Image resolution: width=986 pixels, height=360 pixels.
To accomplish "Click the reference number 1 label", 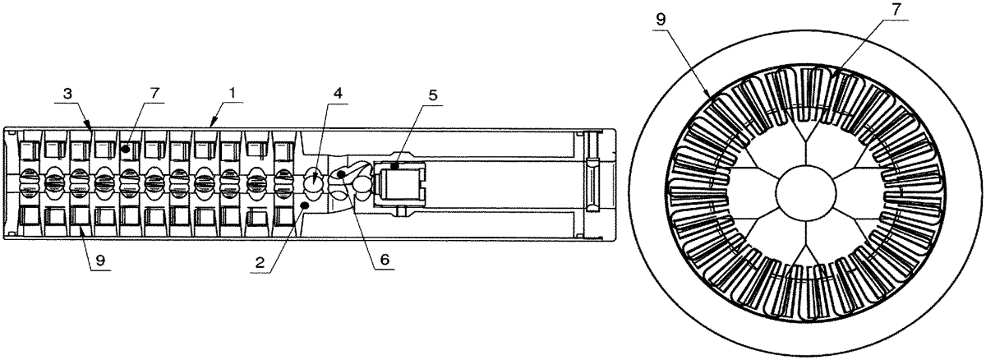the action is (x=233, y=93).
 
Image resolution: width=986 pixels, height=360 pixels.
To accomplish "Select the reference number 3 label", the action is (x=67, y=95).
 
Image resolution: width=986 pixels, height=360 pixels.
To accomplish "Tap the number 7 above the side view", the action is (x=154, y=94).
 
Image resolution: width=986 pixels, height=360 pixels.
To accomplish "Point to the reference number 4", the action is (x=338, y=94).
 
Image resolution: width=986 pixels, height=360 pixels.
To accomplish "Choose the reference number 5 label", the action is (x=433, y=96).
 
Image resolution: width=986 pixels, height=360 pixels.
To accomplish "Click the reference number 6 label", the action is (x=385, y=260).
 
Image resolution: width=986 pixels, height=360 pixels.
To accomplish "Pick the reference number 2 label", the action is (x=260, y=263).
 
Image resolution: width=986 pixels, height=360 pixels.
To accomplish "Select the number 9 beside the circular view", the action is (x=661, y=20).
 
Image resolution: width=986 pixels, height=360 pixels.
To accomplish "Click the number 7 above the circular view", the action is (x=896, y=10).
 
